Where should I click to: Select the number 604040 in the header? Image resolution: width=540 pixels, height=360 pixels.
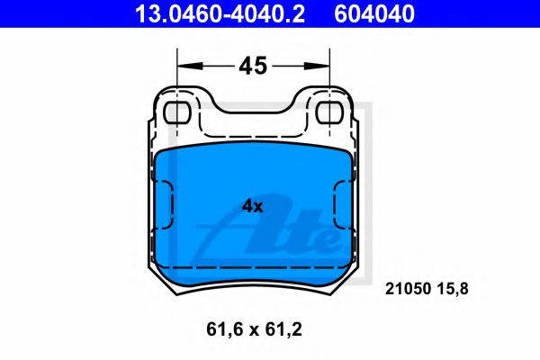click(x=375, y=13)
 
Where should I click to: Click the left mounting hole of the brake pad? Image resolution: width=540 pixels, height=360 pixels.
click(x=179, y=113)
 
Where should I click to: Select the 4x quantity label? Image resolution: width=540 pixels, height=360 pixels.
click(x=253, y=206)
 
